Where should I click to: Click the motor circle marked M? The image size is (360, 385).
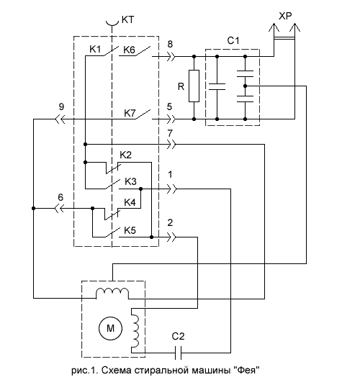(x=110, y=328)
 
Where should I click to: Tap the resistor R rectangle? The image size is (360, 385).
(x=194, y=86)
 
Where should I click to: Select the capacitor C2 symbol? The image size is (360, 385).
(x=179, y=353)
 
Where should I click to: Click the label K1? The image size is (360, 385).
(x=95, y=49)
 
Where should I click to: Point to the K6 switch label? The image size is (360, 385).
(x=129, y=50)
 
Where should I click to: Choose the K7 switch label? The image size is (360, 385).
(x=130, y=113)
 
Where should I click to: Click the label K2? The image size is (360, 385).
(x=125, y=155)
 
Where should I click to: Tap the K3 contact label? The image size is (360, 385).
(x=130, y=181)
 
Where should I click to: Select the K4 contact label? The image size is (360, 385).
(x=130, y=202)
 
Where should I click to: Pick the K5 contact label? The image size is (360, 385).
(x=130, y=230)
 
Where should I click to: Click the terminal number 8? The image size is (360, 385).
(x=170, y=44)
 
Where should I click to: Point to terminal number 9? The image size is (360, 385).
(x=61, y=107)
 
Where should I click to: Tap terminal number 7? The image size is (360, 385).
(x=170, y=133)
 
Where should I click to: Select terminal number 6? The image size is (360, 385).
(x=60, y=197)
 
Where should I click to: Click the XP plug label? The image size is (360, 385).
(x=285, y=17)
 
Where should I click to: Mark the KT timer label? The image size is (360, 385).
(x=127, y=19)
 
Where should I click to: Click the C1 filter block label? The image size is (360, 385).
(x=233, y=40)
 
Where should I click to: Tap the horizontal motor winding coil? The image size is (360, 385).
(x=112, y=292)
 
